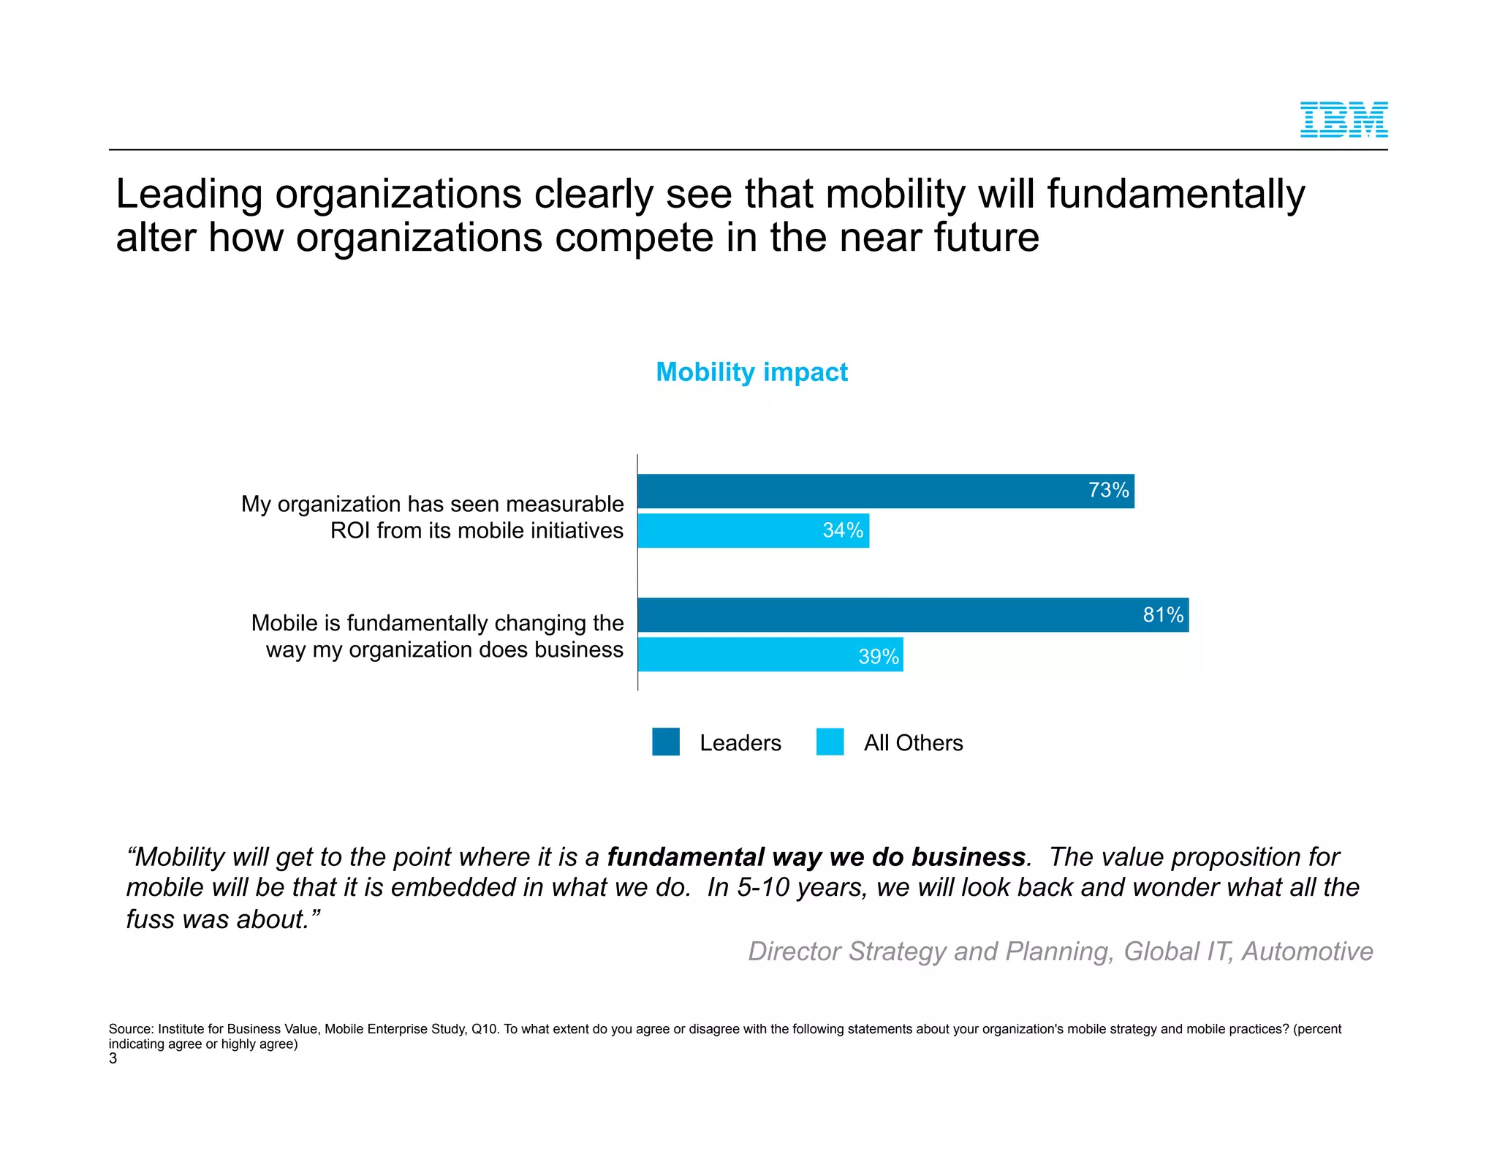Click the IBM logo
[x=1343, y=120]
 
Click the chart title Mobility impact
[x=751, y=372]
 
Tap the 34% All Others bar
[x=731, y=531]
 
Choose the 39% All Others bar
[x=746, y=655]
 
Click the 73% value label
[x=1108, y=491]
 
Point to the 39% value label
[x=878, y=657]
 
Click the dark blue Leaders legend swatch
[x=666, y=742]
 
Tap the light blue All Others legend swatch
[x=830, y=742]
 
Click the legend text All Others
[x=913, y=743]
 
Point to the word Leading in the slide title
[x=189, y=195]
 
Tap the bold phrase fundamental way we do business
[x=816, y=857]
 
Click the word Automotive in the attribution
[x=1307, y=951]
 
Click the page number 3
[x=113, y=1059]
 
